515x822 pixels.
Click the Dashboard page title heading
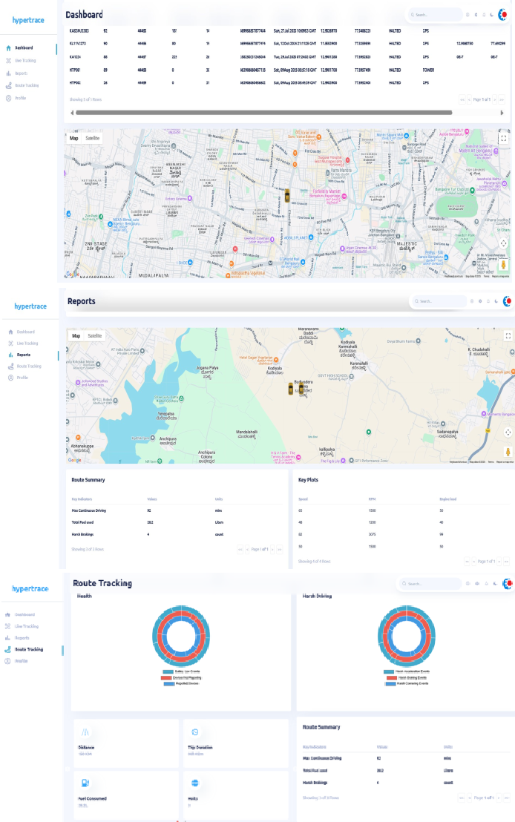tap(84, 14)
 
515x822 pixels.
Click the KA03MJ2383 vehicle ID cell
tap(79, 31)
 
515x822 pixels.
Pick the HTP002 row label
tap(75, 82)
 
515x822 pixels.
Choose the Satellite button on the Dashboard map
tap(93, 138)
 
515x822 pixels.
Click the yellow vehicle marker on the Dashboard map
tap(286, 197)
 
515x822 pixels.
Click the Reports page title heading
tap(81, 301)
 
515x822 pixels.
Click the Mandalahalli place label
tap(246, 433)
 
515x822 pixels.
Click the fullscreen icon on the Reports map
tap(508, 336)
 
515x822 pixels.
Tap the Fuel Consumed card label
tap(92, 798)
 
